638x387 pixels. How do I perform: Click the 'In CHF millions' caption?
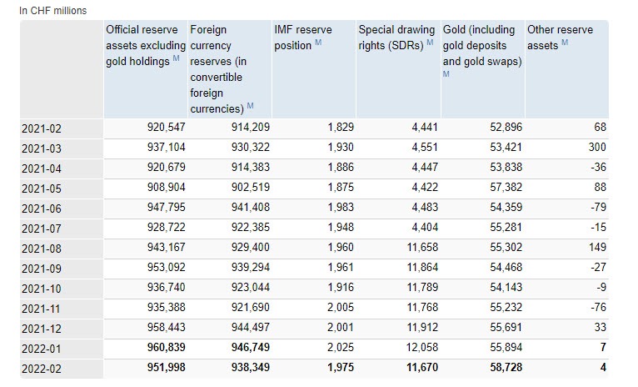click(52, 10)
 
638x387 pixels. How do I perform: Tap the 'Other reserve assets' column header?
click(561, 37)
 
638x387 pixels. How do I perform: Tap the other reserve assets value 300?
click(596, 147)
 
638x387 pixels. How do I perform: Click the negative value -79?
click(598, 207)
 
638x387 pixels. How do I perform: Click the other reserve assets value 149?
click(596, 247)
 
